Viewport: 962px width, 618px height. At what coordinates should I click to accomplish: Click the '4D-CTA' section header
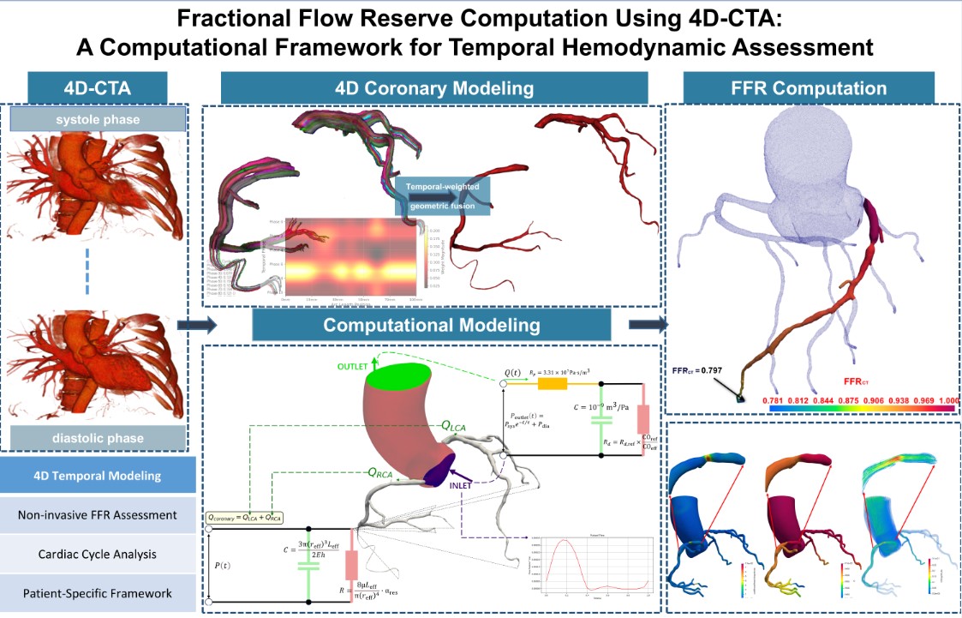pyautogui.click(x=97, y=88)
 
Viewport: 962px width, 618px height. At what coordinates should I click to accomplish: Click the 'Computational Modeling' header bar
pyautogui.click(x=431, y=326)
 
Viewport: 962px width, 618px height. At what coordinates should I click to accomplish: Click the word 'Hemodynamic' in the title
pyautogui.click(x=665, y=48)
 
